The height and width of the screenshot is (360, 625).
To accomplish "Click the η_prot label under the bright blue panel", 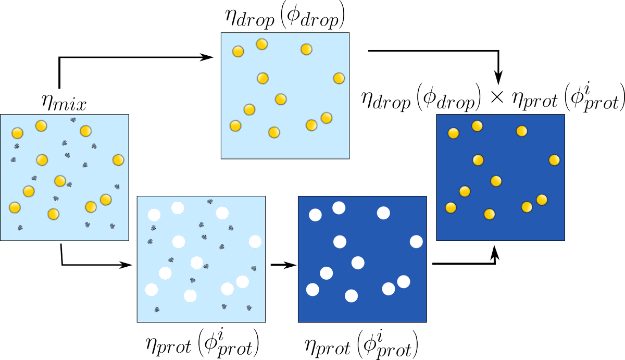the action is [203, 341].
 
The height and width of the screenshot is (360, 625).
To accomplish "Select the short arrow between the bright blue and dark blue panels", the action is [284, 265].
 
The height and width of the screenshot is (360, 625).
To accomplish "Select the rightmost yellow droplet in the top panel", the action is [339, 78].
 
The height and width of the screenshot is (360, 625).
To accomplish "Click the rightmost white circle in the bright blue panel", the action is [255, 242].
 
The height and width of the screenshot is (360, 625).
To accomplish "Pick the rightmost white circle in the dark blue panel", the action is [416, 242].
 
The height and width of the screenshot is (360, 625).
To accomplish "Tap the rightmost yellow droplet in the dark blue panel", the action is [554, 159].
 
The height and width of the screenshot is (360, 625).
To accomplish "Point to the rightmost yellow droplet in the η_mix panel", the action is [118, 159].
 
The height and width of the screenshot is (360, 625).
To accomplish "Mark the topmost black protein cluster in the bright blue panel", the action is [210, 202].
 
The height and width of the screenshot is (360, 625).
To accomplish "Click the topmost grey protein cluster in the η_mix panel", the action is [73, 120].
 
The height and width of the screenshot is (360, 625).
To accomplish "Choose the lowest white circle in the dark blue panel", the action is [352, 296].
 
